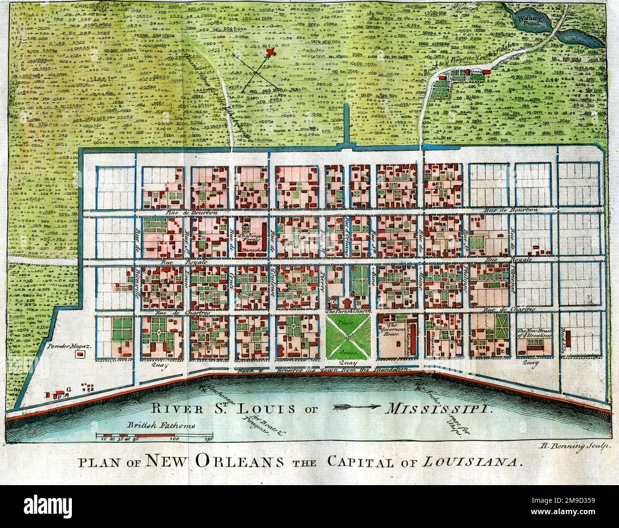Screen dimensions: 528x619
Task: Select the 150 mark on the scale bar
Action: pos(208,439)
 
